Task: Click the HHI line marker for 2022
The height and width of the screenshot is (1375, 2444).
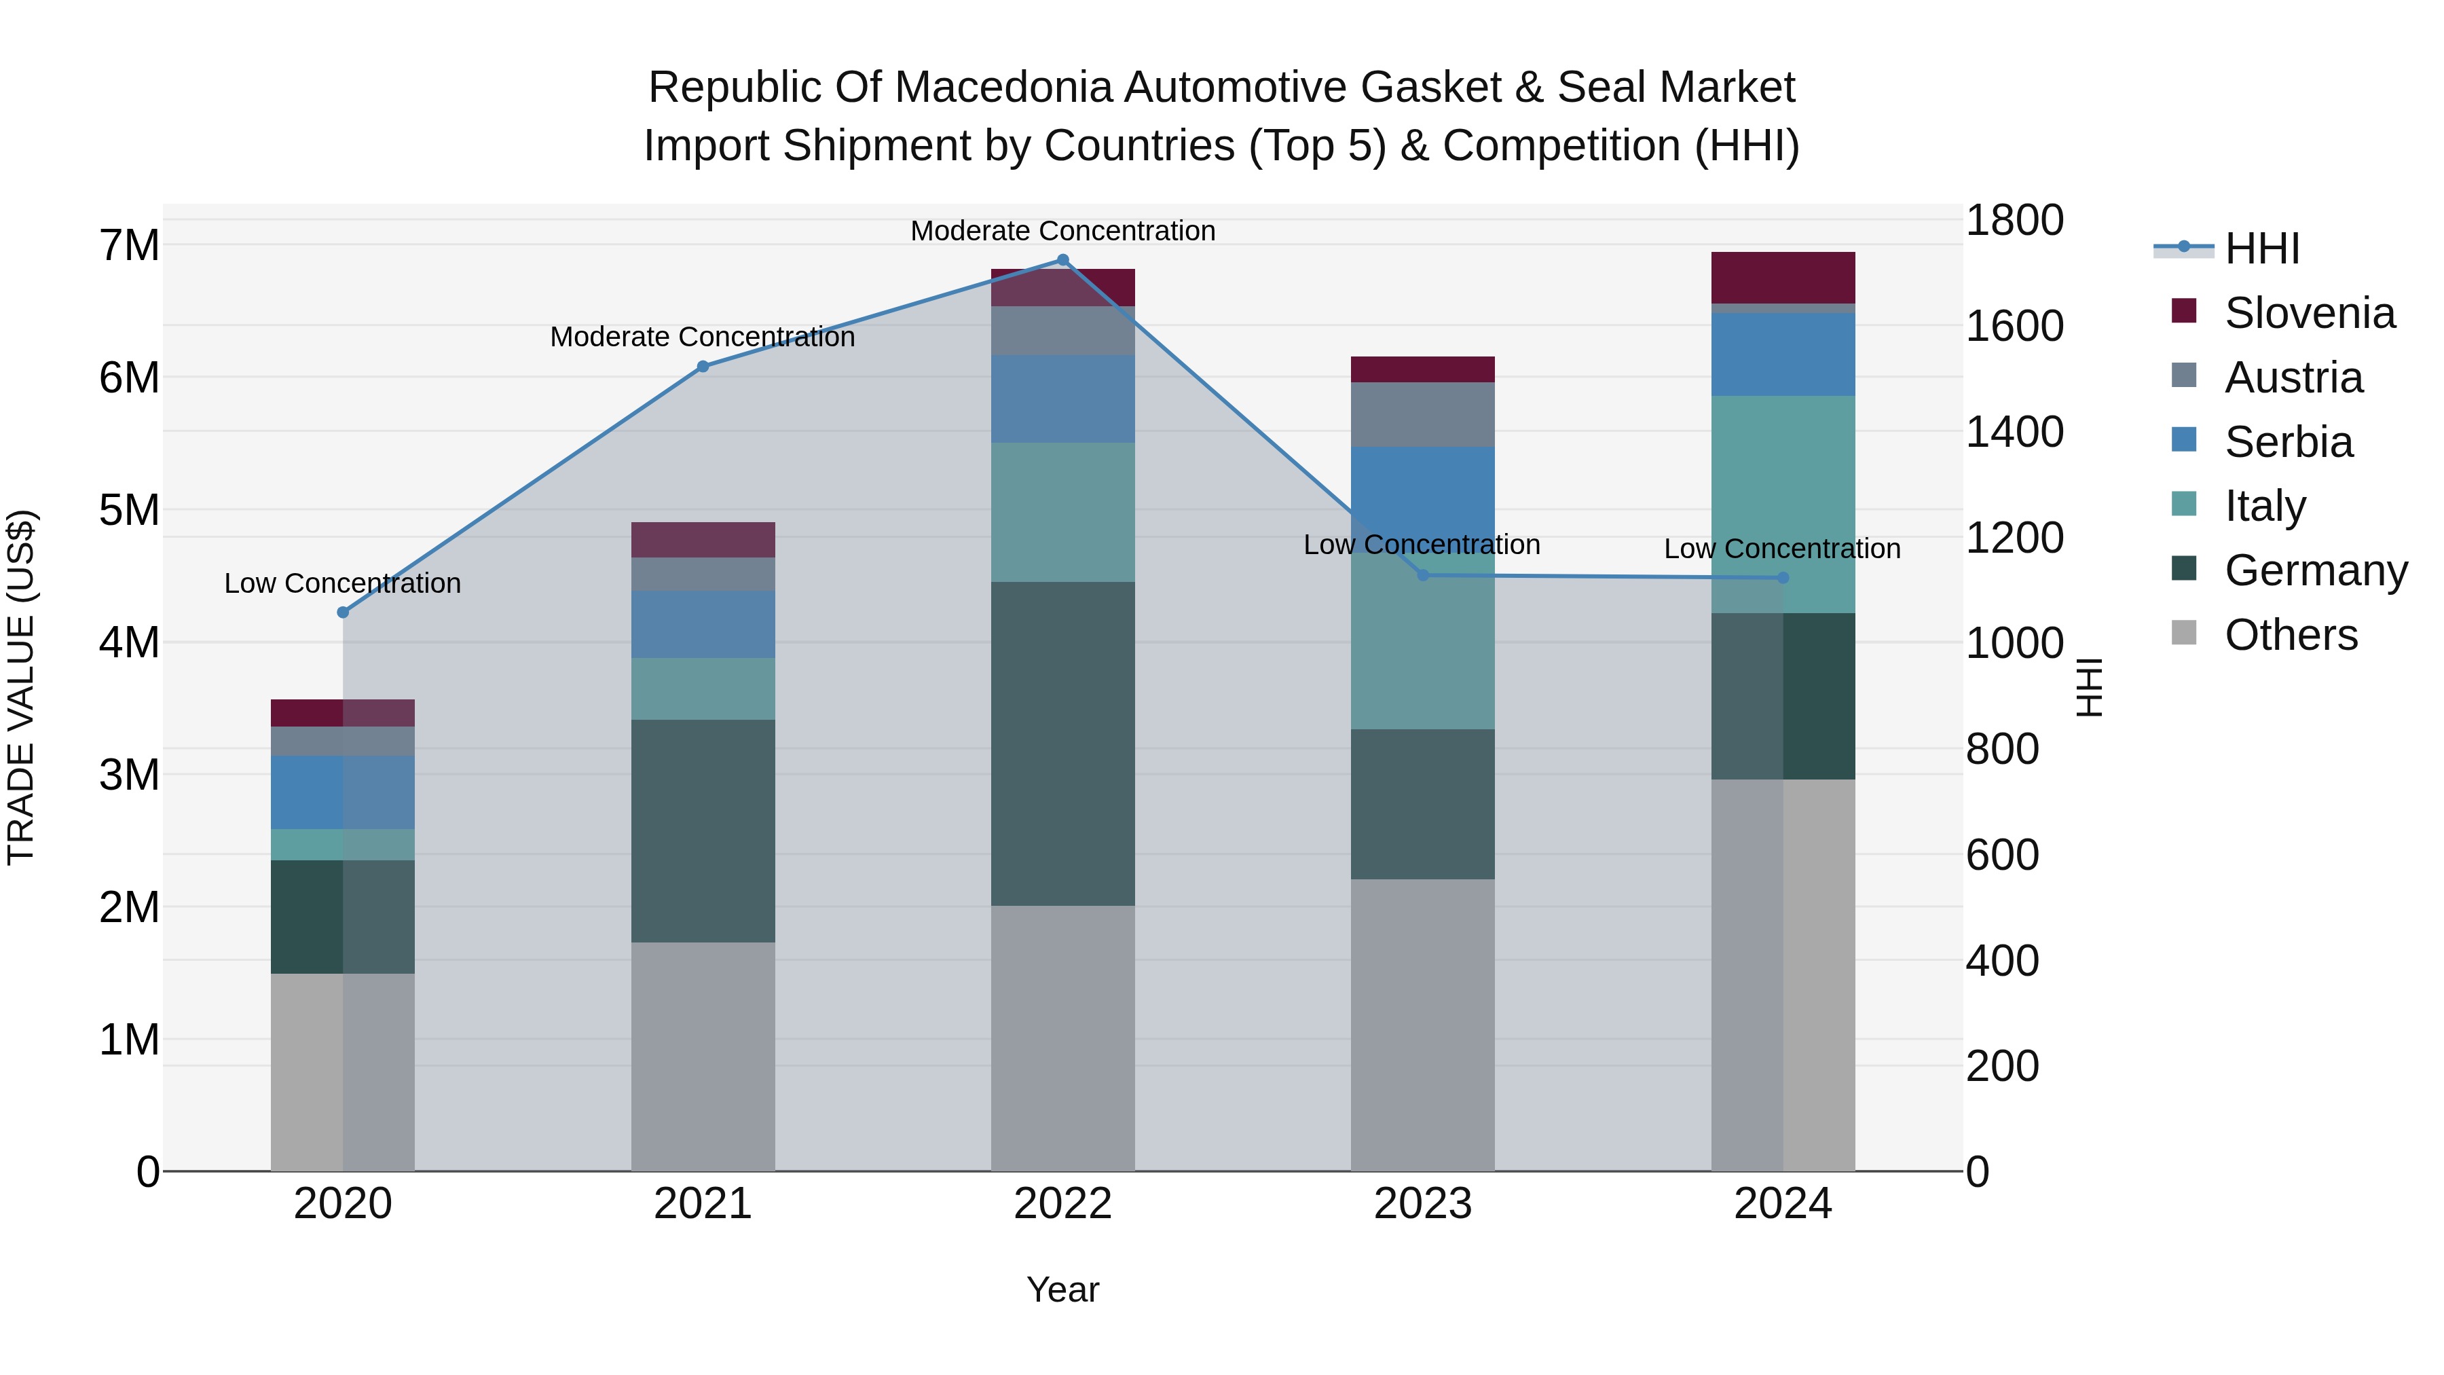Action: (x=1062, y=260)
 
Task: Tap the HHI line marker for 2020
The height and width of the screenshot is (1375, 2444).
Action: (x=344, y=612)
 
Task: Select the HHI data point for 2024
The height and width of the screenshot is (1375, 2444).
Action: (x=1783, y=578)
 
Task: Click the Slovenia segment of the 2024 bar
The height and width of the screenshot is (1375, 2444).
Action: (x=1783, y=277)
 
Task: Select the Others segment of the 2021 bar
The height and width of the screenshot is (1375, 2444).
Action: (x=703, y=1055)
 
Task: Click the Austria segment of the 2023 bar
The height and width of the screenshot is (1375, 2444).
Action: (x=1422, y=415)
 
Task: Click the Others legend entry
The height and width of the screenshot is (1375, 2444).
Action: (x=2291, y=635)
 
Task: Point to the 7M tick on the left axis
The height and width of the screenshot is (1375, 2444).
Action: (x=130, y=246)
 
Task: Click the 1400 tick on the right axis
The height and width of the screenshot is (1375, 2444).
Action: (x=2014, y=432)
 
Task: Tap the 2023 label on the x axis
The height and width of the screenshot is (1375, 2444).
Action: (x=1422, y=1204)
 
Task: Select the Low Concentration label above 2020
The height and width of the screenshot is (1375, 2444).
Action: (x=343, y=583)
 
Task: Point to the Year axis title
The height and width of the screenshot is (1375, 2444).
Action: (x=1062, y=1289)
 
